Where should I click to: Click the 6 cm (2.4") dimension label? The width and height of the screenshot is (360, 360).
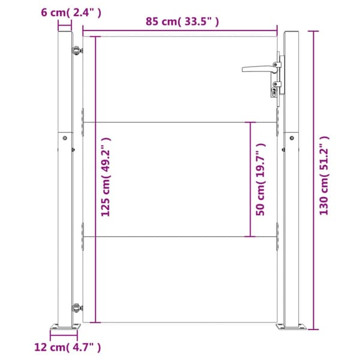click(71, 13)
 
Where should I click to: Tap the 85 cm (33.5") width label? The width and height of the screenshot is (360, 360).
click(182, 22)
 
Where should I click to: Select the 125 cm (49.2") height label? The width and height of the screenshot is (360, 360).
click(106, 177)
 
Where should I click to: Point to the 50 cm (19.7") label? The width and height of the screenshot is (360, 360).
click(260, 179)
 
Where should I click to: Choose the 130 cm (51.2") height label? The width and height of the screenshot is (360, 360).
click(324, 175)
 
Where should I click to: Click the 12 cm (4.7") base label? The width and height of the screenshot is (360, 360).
click(67, 347)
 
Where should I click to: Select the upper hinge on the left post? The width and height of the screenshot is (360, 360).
click(77, 50)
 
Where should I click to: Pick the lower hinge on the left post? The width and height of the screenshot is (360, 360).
click(77, 308)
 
